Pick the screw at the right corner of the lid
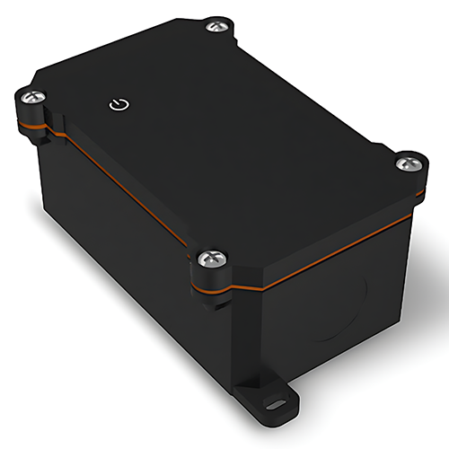pos(409,163)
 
